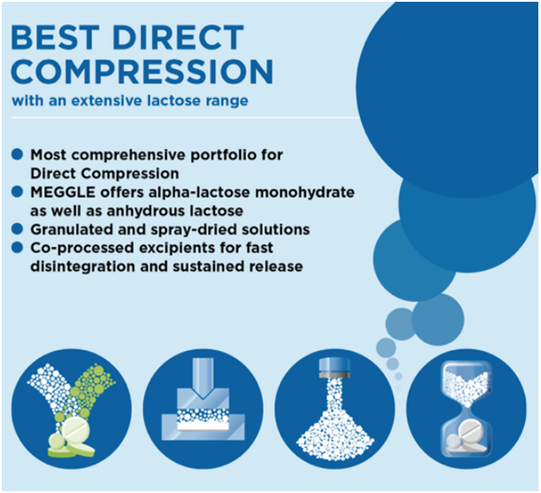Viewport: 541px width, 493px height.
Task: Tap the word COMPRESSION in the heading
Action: pos(142,71)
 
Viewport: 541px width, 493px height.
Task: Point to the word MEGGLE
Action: pos(62,192)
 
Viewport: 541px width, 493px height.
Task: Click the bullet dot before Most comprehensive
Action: pos(17,155)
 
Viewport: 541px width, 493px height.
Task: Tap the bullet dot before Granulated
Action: pos(17,229)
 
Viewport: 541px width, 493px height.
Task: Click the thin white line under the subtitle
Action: pos(185,118)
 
